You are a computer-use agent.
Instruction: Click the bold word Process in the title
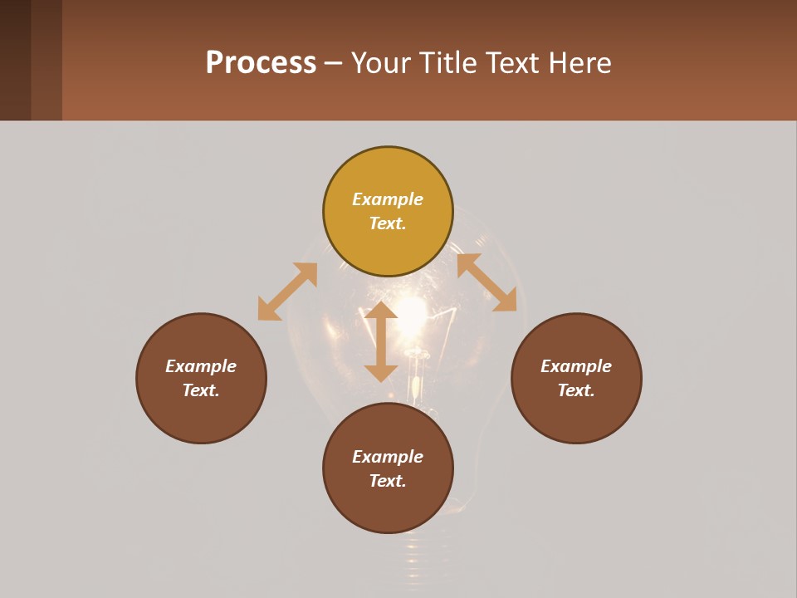261,63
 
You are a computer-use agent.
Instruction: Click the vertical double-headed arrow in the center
381,341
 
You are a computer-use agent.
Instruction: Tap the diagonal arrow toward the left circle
287,292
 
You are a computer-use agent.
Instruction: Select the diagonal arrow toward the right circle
487,282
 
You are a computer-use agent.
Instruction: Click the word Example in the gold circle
388,199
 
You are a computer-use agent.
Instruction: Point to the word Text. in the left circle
201,390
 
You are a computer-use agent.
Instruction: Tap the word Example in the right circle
576,366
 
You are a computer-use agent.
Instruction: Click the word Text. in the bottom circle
388,481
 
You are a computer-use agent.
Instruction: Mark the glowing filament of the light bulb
411,316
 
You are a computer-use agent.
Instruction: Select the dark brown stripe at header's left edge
15,60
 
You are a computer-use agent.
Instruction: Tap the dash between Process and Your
334,63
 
